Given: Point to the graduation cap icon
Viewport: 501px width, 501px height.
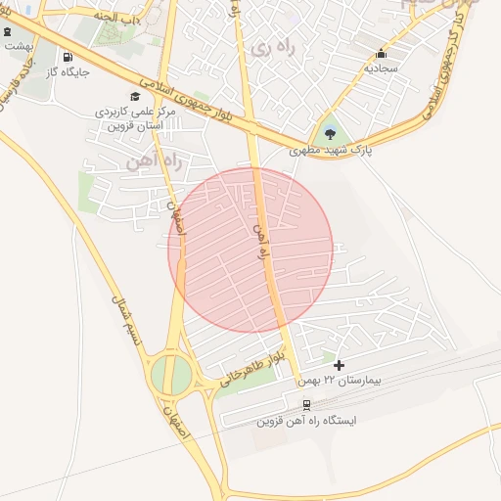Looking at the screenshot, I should click(x=135, y=96).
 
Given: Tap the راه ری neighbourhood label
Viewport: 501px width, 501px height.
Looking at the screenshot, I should click(x=271, y=47).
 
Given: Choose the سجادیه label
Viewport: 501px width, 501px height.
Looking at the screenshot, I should click(x=381, y=69).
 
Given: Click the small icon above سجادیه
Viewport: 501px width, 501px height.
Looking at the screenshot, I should click(x=381, y=54).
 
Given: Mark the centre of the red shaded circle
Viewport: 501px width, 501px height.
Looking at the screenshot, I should click(x=250, y=250).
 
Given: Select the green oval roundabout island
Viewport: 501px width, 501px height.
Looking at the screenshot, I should click(x=171, y=375).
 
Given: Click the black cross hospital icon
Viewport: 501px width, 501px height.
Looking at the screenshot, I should click(x=339, y=365).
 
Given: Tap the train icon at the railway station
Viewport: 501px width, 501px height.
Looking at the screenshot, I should click(x=306, y=404).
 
